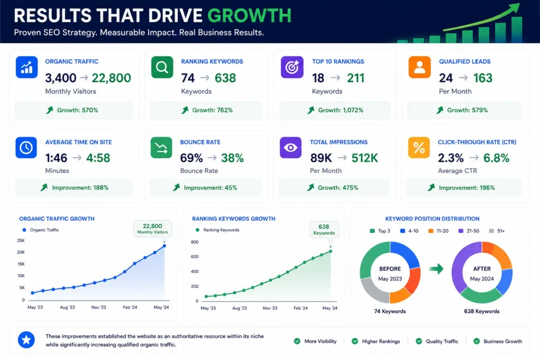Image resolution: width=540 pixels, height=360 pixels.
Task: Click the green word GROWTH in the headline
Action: point(249,16)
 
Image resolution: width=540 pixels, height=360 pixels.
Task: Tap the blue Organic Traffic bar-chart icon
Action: point(26,67)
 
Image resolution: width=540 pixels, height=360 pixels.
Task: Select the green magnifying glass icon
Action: point(162,67)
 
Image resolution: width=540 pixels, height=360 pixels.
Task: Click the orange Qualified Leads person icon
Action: point(419,67)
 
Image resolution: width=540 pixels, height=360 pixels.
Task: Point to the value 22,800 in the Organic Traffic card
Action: point(111,78)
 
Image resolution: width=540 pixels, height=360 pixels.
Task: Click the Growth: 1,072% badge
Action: point(335,110)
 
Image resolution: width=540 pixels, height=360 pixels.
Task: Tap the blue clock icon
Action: point(26,148)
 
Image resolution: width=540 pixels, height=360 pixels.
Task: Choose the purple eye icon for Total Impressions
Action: point(291,148)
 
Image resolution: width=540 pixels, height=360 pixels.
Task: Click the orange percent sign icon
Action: point(419,148)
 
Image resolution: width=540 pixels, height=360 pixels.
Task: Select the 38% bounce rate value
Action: point(233,158)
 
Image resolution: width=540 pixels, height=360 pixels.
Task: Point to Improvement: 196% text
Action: point(467,188)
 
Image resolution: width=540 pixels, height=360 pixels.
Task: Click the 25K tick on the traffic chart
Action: point(21,240)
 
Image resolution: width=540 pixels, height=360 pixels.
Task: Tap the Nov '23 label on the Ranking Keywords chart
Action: point(270,308)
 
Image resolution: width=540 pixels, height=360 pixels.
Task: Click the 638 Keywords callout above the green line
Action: point(324,230)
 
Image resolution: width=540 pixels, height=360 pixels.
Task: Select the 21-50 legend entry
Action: point(469,231)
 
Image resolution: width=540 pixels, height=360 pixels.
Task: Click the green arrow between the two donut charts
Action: point(436,269)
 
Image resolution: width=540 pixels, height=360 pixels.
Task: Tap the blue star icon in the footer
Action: point(26,340)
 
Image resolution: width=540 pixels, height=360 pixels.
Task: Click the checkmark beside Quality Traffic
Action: point(419,341)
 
